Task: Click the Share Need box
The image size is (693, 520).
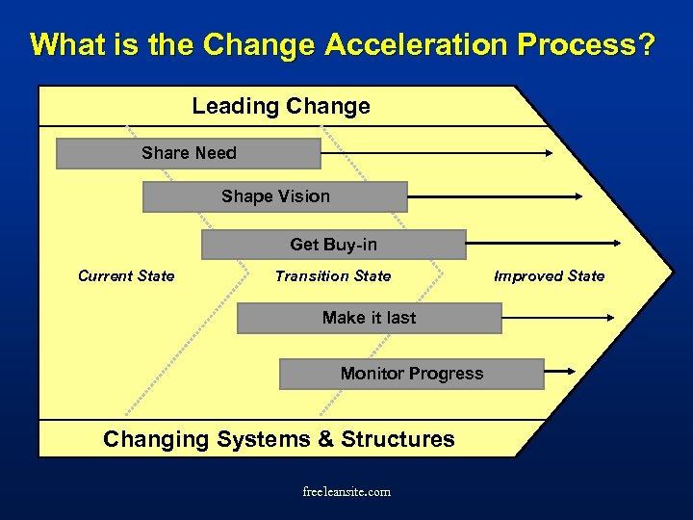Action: [189, 153]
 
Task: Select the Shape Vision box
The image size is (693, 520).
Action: [275, 196]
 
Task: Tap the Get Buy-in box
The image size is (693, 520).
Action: [333, 245]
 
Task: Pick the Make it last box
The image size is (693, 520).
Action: [369, 318]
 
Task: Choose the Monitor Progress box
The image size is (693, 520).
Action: [411, 374]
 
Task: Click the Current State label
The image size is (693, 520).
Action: [126, 276]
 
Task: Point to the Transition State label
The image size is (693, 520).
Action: [333, 276]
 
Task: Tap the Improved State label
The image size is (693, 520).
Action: [549, 276]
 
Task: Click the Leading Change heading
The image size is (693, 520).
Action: [281, 106]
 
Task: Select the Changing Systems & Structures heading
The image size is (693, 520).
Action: [279, 439]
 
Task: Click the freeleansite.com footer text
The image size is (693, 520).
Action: [346, 492]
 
